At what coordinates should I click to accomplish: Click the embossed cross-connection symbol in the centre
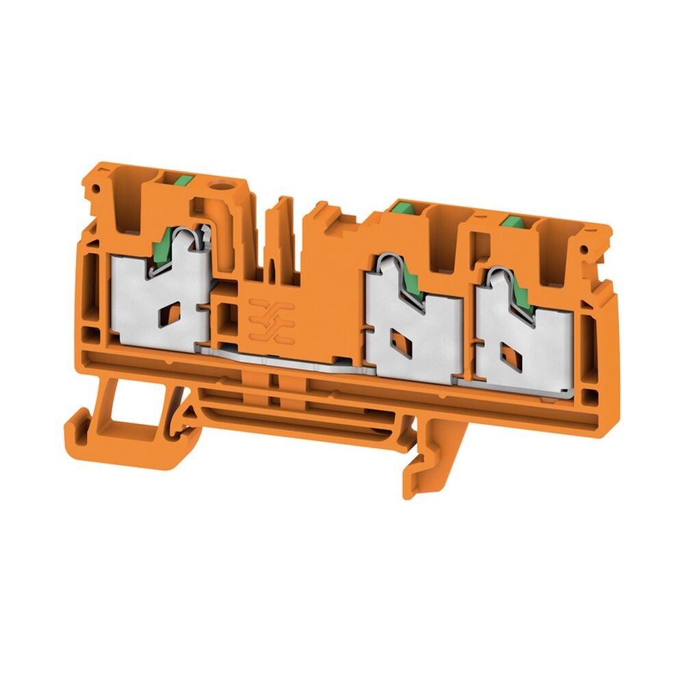272,319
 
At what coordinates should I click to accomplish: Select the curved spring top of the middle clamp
386,261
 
